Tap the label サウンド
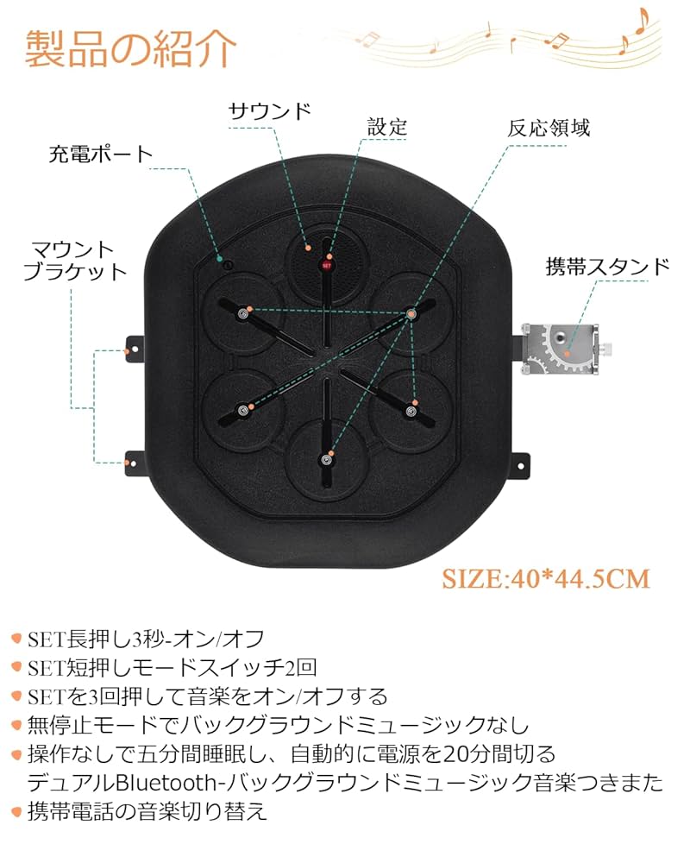(x=268, y=111)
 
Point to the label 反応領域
(x=549, y=128)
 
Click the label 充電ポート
(x=100, y=154)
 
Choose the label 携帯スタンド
(x=607, y=266)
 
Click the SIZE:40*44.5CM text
(x=546, y=577)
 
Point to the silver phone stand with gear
(x=560, y=349)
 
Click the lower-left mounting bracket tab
(x=134, y=463)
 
